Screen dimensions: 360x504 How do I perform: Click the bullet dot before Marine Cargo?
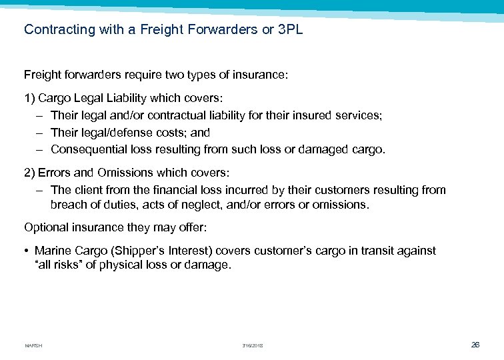coord(27,251)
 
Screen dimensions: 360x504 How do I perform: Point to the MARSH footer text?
coord(33,345)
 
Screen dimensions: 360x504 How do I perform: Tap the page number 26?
coord(475,345)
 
